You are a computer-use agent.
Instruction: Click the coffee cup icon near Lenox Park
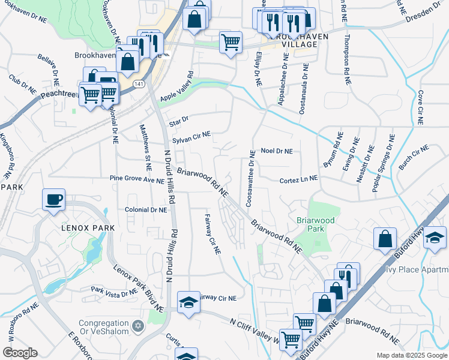pyautogui.click(x=53, y=199)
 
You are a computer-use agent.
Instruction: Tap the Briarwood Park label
pyautogui.click(x=310, y=224)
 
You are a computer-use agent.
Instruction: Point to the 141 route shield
pyautogui.click(x=139, y=84)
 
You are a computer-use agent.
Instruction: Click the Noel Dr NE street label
pyautogui.click(x=276, y=151)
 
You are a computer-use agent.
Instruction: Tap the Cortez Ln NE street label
pyautogui.click(x=298, y=179)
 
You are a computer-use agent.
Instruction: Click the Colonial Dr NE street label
pyautogui.click(x=146, y=209)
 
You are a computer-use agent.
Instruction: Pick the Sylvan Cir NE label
pyautogui.click(x=191, y=137)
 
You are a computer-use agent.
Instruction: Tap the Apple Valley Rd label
pyautogui.click(x=176, y=87)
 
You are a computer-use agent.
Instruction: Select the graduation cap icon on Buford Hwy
pyautogui.click(x=434, y=238)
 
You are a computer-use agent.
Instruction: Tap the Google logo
pyautogui.click(x=20, y=353)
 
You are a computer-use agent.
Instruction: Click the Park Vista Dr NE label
pyautogui.click(x=115, y=292)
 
